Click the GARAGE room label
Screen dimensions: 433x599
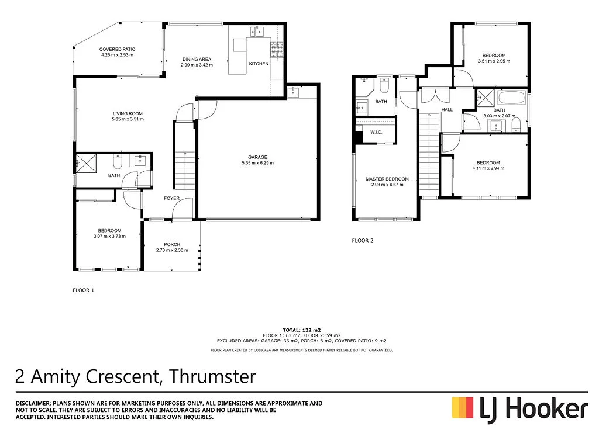pos(257,157)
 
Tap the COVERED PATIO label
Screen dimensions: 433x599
pos(117,49)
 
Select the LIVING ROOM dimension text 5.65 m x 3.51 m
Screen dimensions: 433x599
pos(128,119)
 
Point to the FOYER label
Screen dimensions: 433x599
pos(171,198)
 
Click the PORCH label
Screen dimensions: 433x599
pos(172,244)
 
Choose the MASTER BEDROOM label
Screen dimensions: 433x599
pos(387,179)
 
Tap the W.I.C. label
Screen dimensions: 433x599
pos(376,133)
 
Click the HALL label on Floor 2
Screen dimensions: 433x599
pos(447,109)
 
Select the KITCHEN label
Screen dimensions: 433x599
pos(259,63)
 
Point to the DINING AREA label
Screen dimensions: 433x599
pos(197,59)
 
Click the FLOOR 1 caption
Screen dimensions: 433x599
pos(83,290)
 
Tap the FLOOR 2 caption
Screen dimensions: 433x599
pos(362,240)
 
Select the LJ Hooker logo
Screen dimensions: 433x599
pos(519,407)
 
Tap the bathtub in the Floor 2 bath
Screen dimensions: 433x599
pos(511,96)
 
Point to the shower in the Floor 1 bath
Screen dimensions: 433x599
pos(86,163)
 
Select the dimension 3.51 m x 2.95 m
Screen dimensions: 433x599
pos(494,61)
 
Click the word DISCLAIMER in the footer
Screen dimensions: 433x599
pos(32,403)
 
